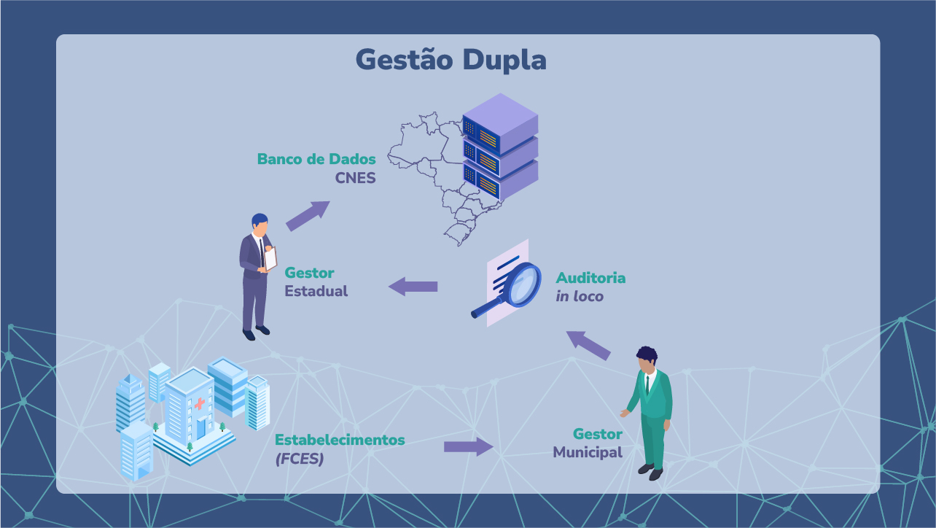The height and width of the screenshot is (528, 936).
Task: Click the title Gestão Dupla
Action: point(451,61)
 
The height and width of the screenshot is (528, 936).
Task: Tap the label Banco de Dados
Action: point(316,159)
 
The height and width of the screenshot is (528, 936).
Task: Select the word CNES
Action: point(355,178)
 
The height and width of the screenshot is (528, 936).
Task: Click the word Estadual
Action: point(316,291)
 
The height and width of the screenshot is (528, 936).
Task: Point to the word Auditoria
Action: point(590,278)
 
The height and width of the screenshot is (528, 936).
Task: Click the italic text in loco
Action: point(580,296)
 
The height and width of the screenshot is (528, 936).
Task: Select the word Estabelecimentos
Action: point(340,440)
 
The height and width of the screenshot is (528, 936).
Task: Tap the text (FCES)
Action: point(300,459)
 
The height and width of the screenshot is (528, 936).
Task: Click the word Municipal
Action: point(588,452)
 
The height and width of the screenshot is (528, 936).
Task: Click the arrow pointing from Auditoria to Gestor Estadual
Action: point(413,287)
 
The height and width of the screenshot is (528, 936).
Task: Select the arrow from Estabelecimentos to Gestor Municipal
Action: point(469,446)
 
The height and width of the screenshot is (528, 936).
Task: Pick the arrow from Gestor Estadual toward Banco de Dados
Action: point(308,216)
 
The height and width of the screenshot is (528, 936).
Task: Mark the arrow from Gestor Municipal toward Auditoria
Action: point(588,345)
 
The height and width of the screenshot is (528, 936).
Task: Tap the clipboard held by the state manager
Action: point(270,259)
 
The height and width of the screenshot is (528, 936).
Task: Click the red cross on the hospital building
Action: point(200,403)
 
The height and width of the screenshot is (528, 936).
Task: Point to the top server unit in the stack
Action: point(500,124)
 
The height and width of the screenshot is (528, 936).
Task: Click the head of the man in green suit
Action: point(647,360)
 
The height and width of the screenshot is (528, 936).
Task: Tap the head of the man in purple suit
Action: point(260,226)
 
